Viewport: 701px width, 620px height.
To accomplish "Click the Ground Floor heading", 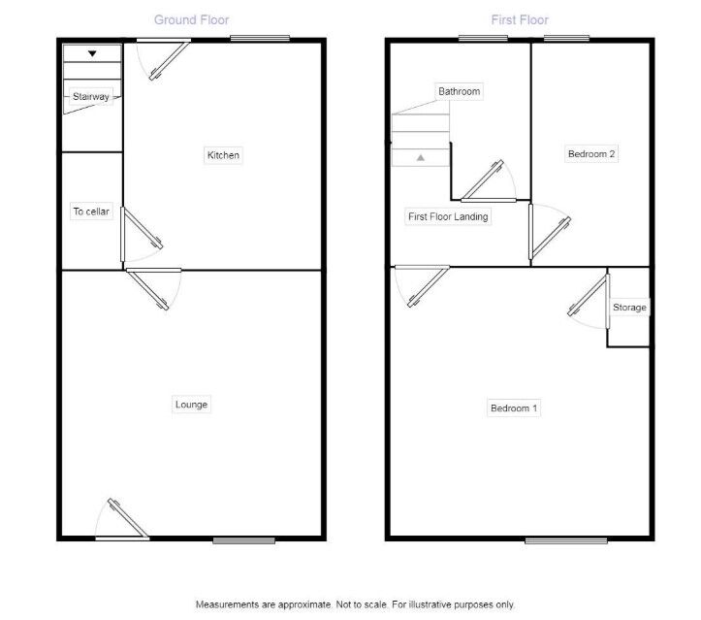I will click(x=192, y=19).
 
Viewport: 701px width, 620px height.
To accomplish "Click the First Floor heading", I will click(x=520, y=19).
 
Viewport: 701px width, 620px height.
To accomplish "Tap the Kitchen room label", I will click(x=223, y=155).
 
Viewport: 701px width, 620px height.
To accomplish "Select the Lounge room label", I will click(x=191, y=405).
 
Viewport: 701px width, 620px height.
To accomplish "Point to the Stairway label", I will click(x=91, y=96).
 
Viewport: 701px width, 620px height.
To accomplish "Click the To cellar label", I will click(x=91, y=212).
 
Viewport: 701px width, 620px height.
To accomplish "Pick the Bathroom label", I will click(x=459, y=91).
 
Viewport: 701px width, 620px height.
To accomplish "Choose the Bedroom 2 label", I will click(x=591, y=154).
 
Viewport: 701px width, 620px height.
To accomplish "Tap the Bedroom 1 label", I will click(x=514, y=408).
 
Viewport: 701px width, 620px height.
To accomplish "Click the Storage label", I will click(x=629, y=308).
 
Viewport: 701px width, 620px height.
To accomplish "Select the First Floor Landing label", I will click(x=447, y=217).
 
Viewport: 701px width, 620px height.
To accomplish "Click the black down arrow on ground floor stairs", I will click(x=92, y=54).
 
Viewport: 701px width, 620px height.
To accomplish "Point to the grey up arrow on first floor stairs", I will click(x=420, y=156).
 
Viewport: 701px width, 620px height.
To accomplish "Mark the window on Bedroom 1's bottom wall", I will click(x=566, y=539).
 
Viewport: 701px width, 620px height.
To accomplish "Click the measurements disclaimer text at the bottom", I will click(x=355, y=604).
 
